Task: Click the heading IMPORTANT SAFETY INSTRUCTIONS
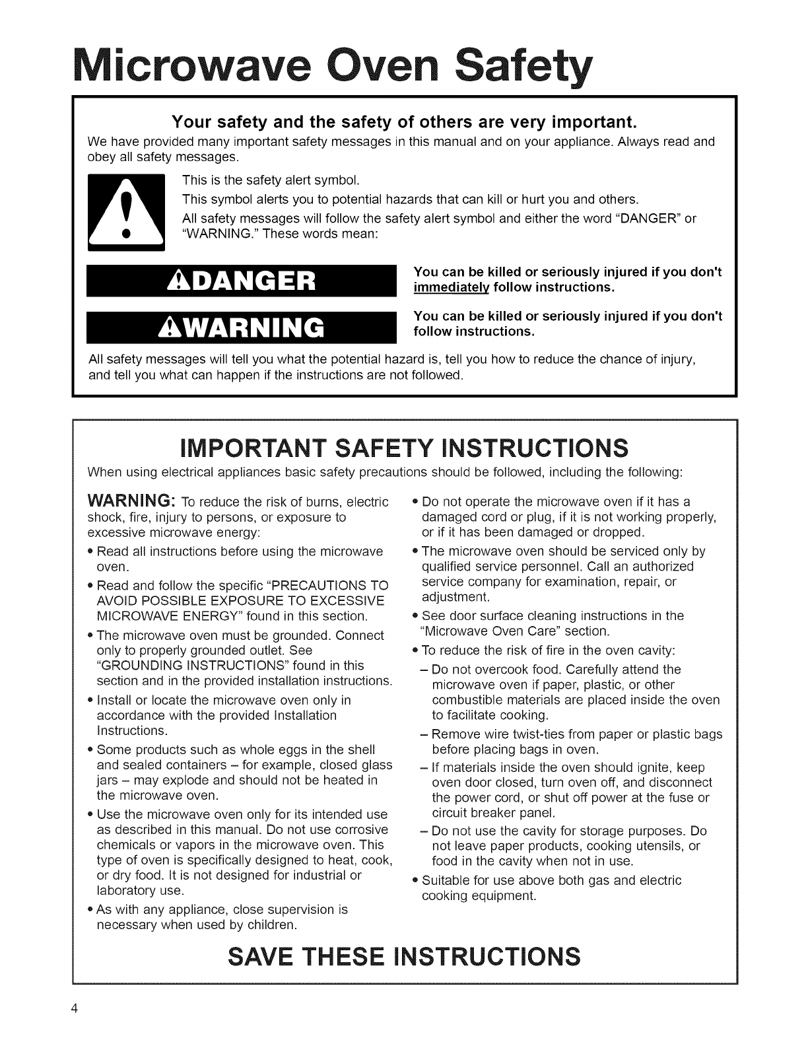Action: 403,449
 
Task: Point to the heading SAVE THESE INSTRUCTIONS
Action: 403,956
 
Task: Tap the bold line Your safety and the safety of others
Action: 403,122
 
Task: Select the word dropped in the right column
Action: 615,532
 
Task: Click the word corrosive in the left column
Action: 362,829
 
